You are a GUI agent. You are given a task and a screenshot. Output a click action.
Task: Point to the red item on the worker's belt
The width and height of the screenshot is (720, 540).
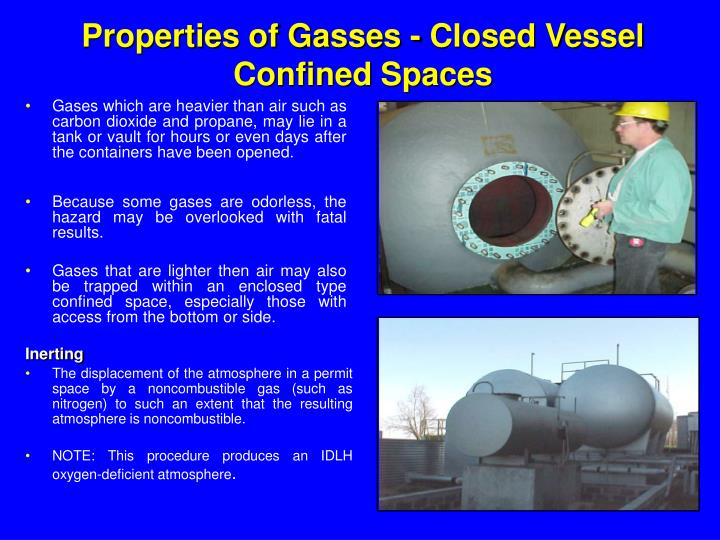(x=635, y=240)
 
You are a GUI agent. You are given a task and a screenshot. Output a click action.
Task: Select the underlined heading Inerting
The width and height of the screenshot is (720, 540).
(x=54, y=353)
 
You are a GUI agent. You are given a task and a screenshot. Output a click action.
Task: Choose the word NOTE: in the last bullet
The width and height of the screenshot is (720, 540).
(x=73, y=456)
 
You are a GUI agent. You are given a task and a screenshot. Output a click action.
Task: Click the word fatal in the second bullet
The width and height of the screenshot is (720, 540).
(x=325, y=217)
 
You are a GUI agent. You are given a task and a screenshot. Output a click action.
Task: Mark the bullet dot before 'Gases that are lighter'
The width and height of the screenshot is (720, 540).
(x=32, y=271)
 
